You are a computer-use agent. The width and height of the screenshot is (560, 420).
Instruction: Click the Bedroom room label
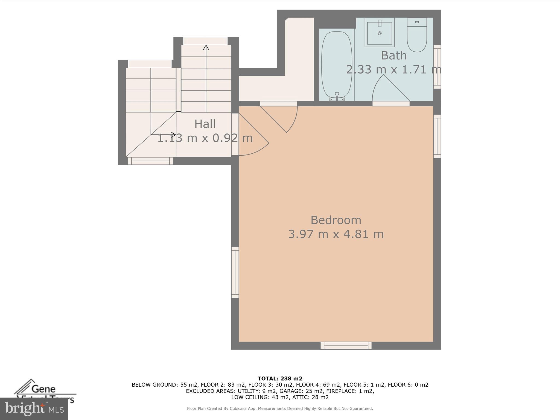[336, 220]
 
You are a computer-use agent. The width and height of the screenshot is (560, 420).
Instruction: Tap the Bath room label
[394, 56]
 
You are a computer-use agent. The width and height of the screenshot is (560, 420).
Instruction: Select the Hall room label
[205, 124]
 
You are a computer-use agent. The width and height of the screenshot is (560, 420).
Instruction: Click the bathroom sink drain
[380, 33]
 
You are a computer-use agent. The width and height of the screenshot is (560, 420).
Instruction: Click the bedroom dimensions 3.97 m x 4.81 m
[336, 234]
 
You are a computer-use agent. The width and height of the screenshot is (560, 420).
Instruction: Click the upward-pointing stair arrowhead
[206, 48]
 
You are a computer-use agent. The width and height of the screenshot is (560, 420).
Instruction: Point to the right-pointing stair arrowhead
[173, 135]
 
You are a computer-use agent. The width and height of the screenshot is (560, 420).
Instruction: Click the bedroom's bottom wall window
[346, 346]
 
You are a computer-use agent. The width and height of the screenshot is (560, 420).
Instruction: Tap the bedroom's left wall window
[235, 272]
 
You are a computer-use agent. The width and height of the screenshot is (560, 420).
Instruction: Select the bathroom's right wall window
[437, 67]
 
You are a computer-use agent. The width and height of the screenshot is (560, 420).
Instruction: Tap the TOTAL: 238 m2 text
[280, 379]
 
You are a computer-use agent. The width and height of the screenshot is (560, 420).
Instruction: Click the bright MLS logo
[34, 409]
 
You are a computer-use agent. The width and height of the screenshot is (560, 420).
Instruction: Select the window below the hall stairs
[150, 161]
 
